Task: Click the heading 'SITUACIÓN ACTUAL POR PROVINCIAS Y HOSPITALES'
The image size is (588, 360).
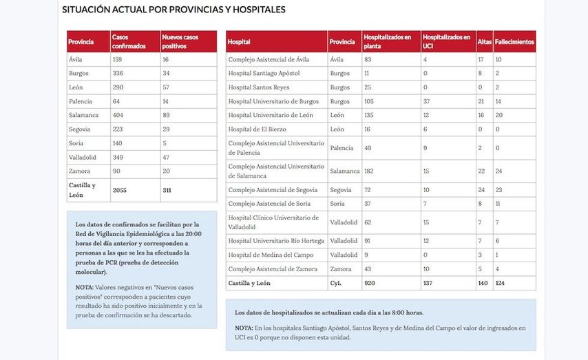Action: click(174, 10)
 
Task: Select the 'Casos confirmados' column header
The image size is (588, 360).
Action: click(129, 41)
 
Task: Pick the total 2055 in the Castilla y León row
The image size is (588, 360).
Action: click(120, 190)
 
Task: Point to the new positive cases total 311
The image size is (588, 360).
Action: click(167, 190)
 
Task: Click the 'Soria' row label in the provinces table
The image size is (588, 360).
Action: click(76, 143)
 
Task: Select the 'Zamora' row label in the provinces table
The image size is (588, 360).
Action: click(79, 171)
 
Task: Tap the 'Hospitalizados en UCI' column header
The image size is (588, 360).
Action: click(447, 41)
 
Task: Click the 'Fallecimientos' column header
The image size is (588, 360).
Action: click(514, 42)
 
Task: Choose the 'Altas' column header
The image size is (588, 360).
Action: click(484, 42)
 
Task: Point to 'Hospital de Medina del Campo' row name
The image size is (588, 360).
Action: click(267, 255)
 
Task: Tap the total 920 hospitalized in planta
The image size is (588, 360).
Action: click(370, 283)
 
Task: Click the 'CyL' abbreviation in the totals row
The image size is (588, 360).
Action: click(336, 283)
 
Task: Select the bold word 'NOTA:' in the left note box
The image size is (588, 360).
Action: click(85, 286)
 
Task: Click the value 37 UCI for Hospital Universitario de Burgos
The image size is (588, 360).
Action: click(427, 101)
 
